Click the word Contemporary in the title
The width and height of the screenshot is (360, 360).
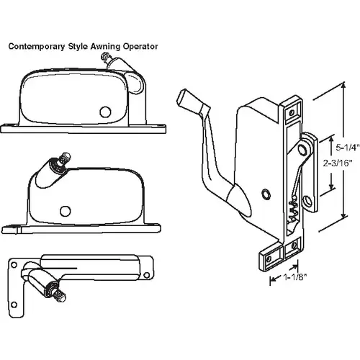(35, 45)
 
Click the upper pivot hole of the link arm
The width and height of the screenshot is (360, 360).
(307, 149)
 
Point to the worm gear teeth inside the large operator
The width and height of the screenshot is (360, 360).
(292, 211)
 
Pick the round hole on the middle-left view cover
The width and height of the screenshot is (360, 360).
(66, 210)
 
